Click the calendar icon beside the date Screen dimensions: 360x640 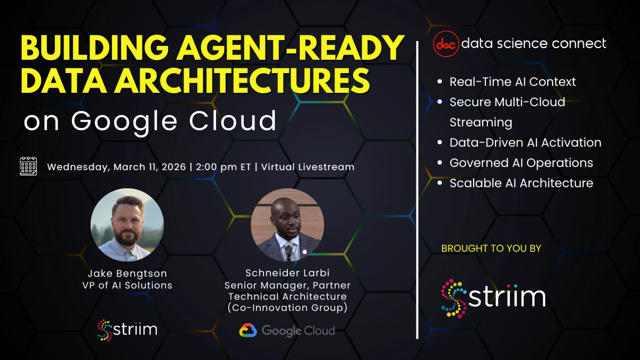[x=28, y=166]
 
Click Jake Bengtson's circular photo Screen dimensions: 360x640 [x=127, y=225]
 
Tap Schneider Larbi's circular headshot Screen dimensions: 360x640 [x=287, y=225]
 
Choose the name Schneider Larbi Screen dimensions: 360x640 [x=287, y=274]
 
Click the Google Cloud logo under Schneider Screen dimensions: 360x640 [x=287, y=331]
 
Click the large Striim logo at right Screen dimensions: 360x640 [x=493, y=298]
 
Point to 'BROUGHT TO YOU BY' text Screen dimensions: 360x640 [x=491, y=249]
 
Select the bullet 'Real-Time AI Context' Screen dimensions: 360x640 [x=513, y=82]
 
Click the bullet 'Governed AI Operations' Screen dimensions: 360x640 [x=521, y=163]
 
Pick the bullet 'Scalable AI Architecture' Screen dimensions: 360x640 [x=521, y=183]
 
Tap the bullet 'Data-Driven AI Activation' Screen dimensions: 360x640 [x=525, y=142]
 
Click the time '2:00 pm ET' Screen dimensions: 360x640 [x=223, y=167]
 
